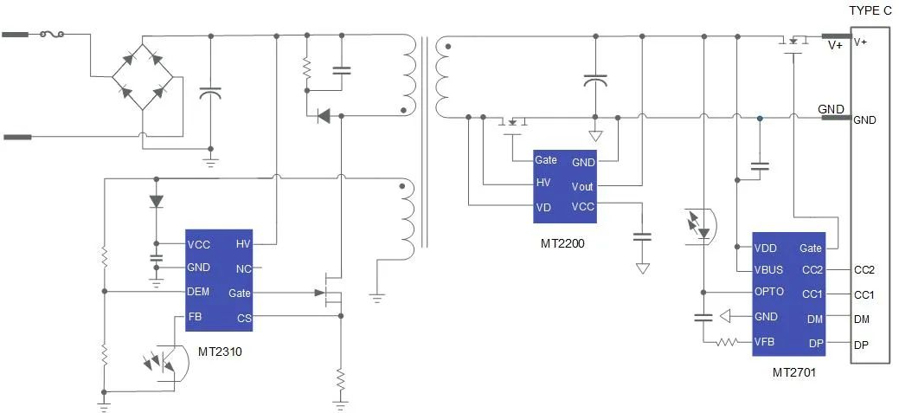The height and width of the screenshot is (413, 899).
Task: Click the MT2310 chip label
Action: (220, 352)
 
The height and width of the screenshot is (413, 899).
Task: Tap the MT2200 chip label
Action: (562, 243)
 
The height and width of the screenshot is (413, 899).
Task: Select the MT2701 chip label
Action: (793, 373)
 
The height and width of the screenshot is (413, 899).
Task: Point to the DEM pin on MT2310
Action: (198, 292)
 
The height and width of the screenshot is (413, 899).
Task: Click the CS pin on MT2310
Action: (244, 318)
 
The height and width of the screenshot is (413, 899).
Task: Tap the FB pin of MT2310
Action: (195, 317)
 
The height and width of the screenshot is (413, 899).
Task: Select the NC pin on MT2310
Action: (244, 268)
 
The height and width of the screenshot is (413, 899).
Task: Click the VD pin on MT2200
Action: (543, 207)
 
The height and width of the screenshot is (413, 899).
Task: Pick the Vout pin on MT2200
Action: (582, 186)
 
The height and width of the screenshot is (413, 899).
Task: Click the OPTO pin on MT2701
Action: (769, 292)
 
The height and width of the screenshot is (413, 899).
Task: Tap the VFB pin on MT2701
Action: (764, 341)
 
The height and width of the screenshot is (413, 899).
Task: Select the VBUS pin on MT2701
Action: (769, 269)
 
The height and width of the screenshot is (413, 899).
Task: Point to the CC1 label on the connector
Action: (864, 294)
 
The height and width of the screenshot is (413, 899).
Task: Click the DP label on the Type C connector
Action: (862, 344)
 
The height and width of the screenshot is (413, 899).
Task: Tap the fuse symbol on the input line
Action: (51, 35)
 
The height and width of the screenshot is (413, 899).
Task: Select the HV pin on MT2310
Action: (243, 244)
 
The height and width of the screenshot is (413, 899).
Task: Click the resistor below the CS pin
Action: (341, 378)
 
